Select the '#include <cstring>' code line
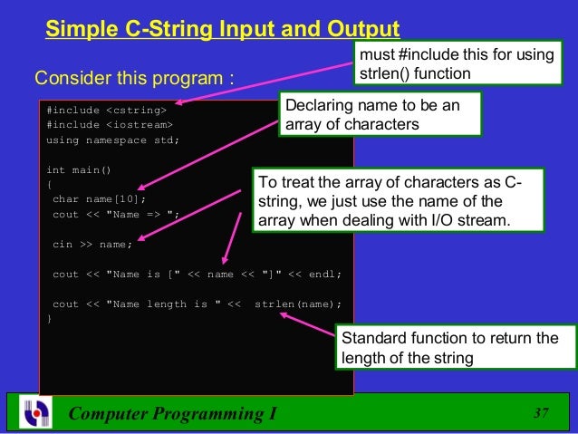tap(106, 111)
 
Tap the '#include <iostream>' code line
tap(109, 125)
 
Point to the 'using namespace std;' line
tap(112, 140)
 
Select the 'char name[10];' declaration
tap(99, 199)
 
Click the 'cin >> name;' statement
tap(92, 244)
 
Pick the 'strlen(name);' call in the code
tap(298, 304)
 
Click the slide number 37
tap(542, 414)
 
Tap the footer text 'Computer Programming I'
tap(173, 415)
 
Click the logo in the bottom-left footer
tap(34, 412)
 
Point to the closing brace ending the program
tap(49, 319)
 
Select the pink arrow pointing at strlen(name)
tap(308, 323)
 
